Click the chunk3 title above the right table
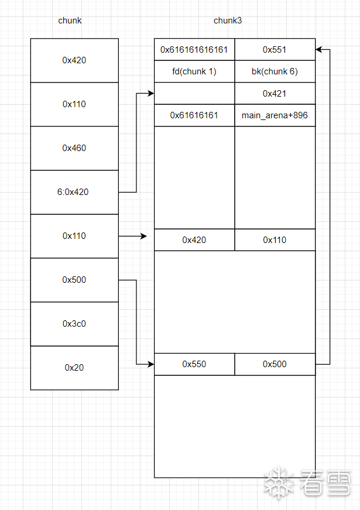pyautogui.click(x=228, y=20)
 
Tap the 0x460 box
pyautogui.click(x=74, y=148)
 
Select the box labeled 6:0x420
pyautogui.click(x=74, y=192)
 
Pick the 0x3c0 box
pyautogui.click(x=74, y=324)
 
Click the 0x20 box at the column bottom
pyautogui.click(x=74, y=368)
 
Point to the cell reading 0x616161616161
pyautogui.click(x=194, y=50)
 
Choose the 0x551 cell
pyautogui.click(x=275, y=50)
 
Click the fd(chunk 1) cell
pyautogui.click(x=194, y=71)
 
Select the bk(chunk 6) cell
pyautogui.click(x=275, y=71)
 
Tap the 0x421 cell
pyautogui.click(x=275, y=94)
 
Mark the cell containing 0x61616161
pyautogui.click(x=194, y=115)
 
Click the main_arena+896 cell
pyautogui.click(x=275, y=115)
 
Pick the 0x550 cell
pyautogui.click(x=194, y=364)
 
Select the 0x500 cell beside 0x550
pyautogui.click(x=275, y=364)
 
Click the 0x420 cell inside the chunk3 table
pyautogui.click(x=194, y=239)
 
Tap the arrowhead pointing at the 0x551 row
pyautogui.click(x=319, y=50)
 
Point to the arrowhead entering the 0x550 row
pyautogui.click(x=150, y=364)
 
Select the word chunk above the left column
pyautogui.click(x=70, y=20)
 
